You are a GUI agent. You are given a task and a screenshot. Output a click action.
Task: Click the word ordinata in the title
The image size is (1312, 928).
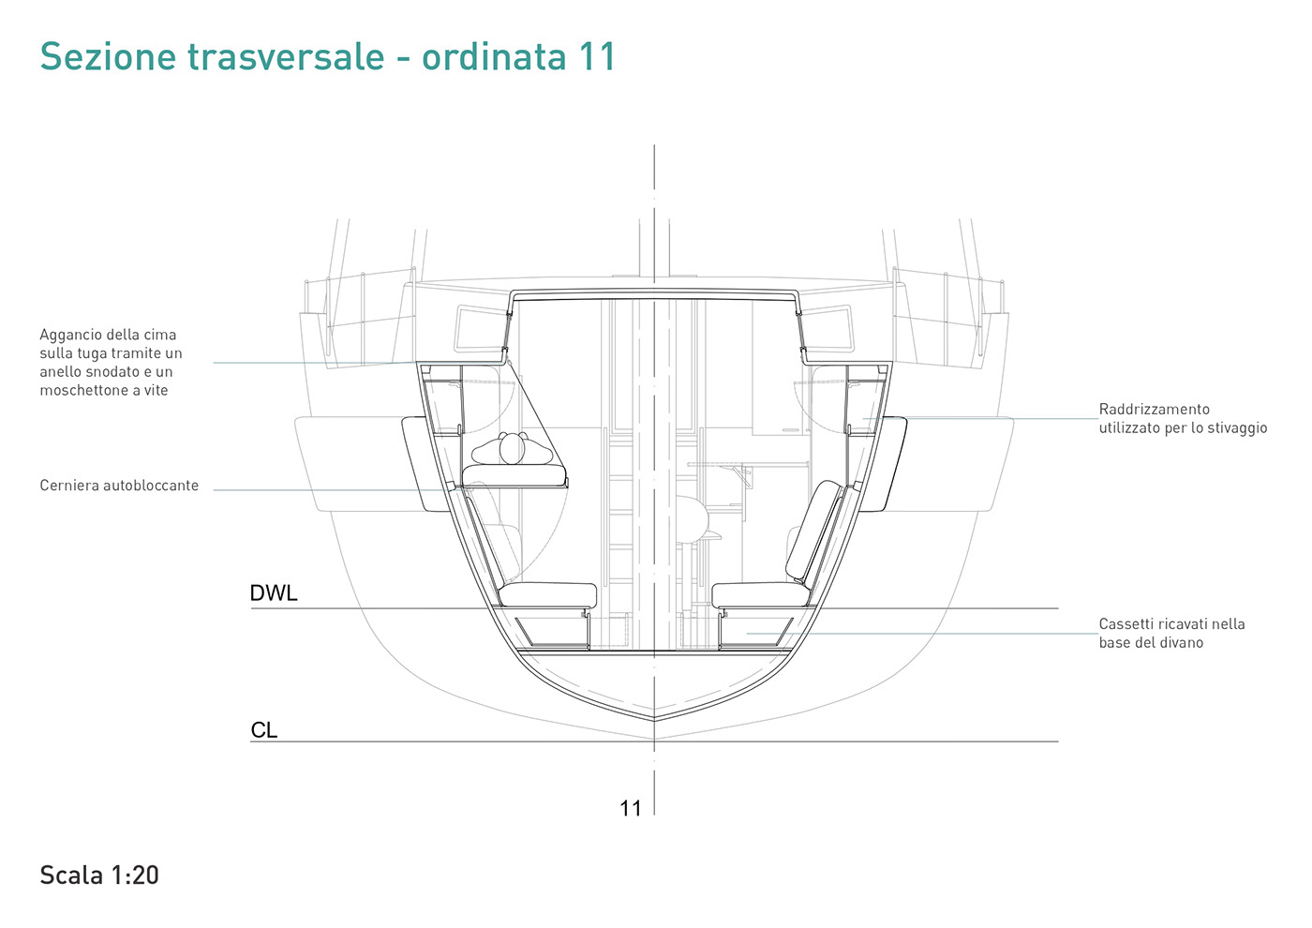click(x=494, y=56)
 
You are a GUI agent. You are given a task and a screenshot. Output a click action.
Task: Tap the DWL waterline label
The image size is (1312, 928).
click(x=274, y=592)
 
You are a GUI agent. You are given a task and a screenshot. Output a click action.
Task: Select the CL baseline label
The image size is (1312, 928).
click(x=263, y=730)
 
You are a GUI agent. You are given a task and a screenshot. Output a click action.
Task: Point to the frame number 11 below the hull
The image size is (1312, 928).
click(x=630, y=808)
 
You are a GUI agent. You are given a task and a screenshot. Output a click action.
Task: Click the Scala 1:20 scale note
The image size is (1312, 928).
click(x=99, y=875)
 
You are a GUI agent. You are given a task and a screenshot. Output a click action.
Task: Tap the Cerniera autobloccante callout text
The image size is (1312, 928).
click(x=119, y=486)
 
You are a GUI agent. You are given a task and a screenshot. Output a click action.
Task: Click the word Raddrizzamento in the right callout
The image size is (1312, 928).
click(x=1154, y=409)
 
